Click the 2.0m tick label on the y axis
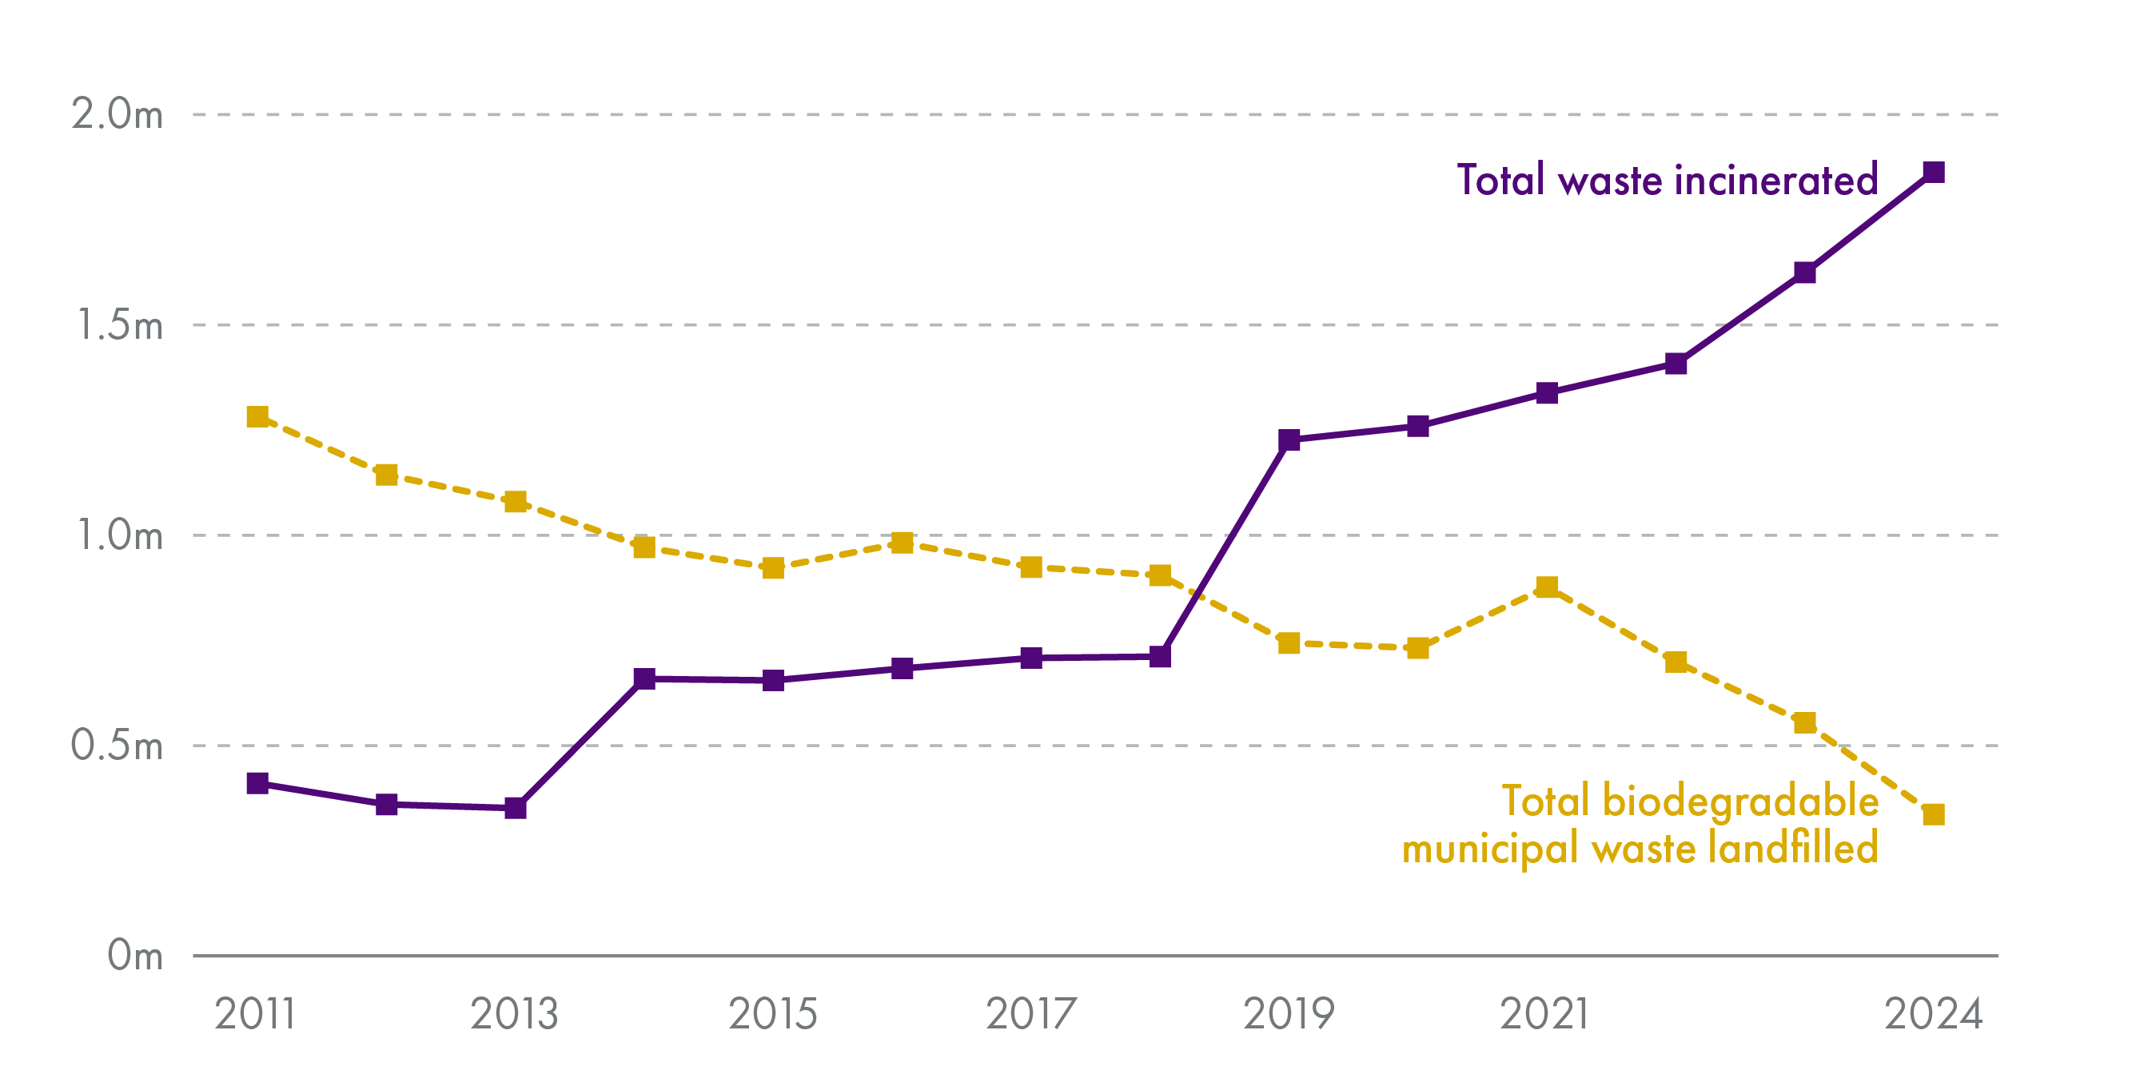(x=117, y=113)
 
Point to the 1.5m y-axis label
(x=119, y=324)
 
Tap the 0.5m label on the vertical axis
(x=117, y=745)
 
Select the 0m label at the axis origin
(x=135, y=955)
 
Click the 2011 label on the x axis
(x=256, y=1014)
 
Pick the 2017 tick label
(x=1031, y=1014)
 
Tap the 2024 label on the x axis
(x=1934, y=1014)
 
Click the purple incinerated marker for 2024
(x=1934, y=172)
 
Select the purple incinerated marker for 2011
(x=257, y=783)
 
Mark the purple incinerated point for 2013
(x=516, y=808)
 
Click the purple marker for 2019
(x=1289, y=440)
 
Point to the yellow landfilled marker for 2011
(x=257, y=416)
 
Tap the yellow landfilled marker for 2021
(x=1547, y=587)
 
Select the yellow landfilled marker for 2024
(x=1934, y=814)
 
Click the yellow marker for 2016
(x=903, y=543)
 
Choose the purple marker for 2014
(x=644, y=678)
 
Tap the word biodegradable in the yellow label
(x=1740, y=801)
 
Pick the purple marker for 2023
(x=1805, y=272)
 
